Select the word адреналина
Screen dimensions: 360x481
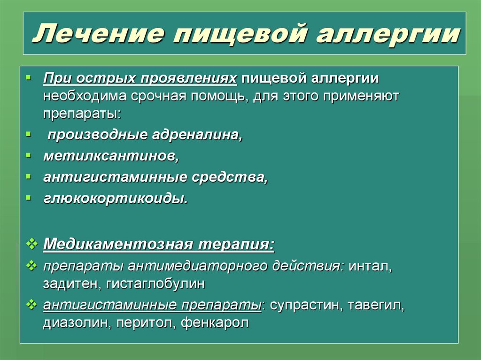(196, 136)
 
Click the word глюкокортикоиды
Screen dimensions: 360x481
(116, 198)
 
